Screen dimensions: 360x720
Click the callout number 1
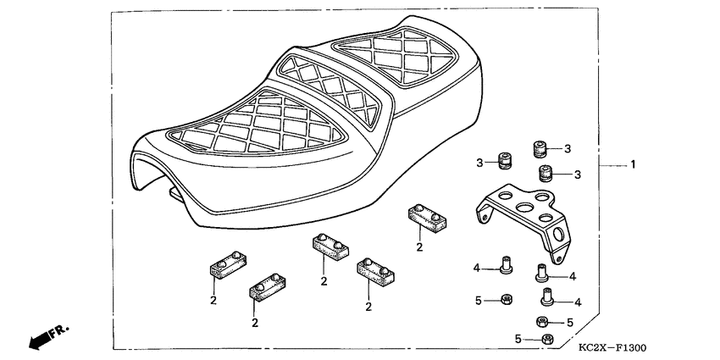click(x=631, y=165)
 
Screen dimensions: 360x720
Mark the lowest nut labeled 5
click(x=546, y=340)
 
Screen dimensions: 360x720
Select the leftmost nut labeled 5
click(x=505, y=299)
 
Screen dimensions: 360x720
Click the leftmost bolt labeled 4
click(x=507, y=266)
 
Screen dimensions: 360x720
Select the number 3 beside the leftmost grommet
click(x=479, y=162)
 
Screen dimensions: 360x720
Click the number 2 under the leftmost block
click(x=214, y=299)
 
